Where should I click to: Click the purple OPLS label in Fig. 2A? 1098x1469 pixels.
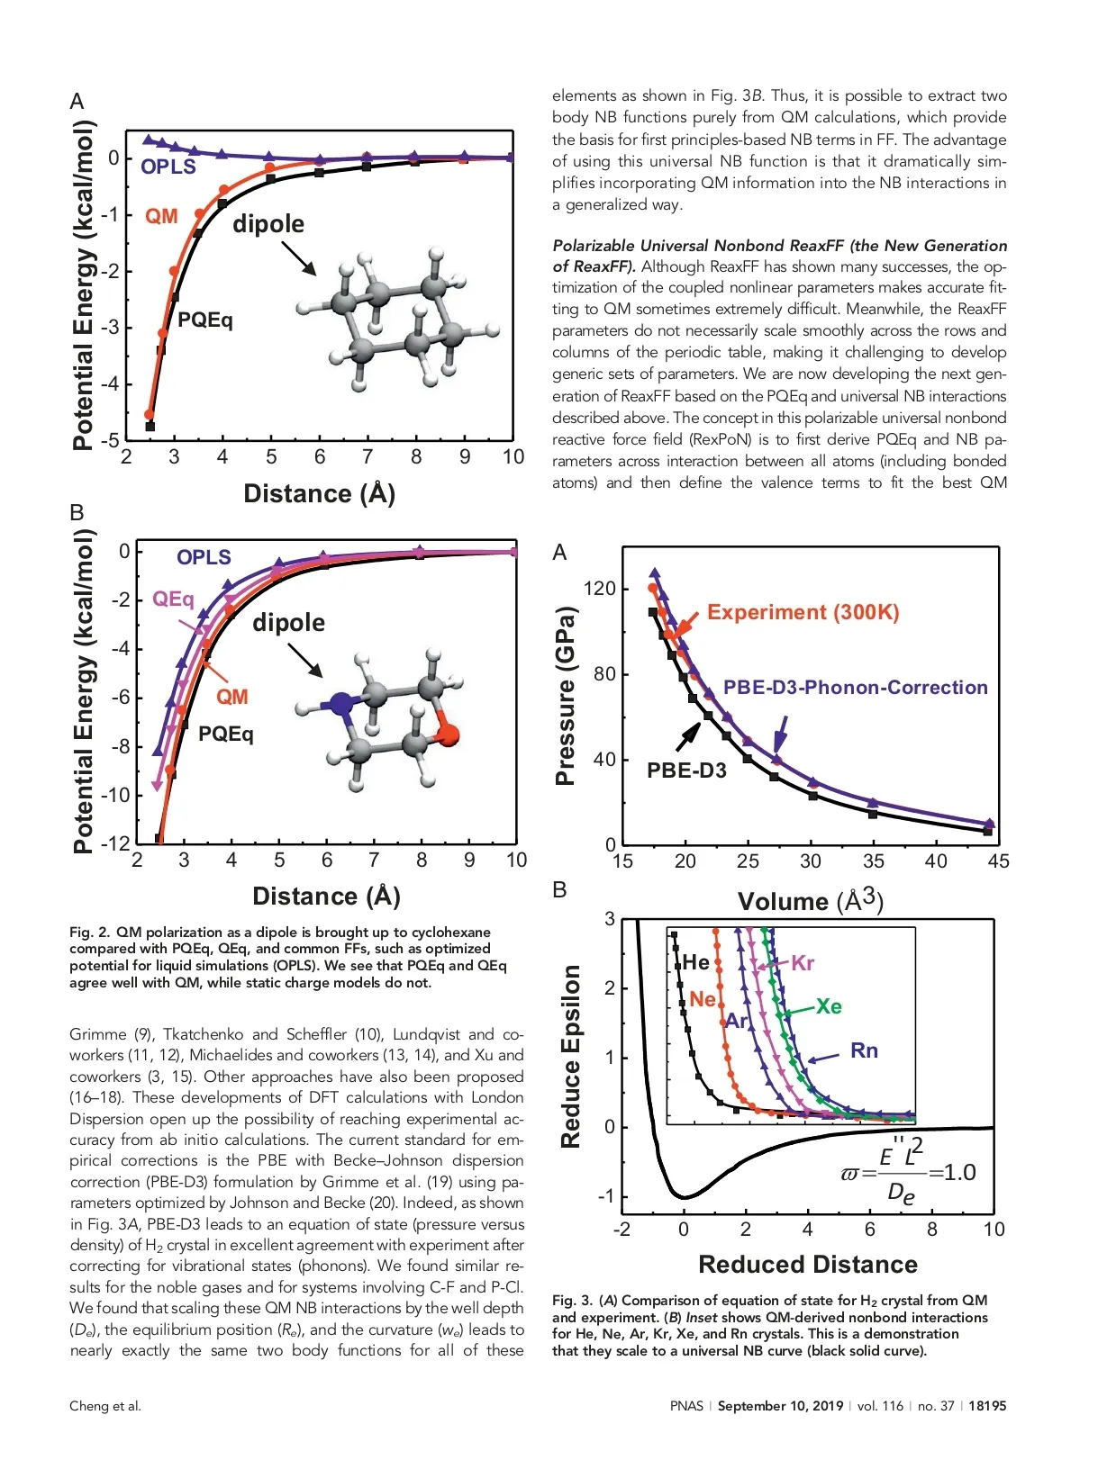click(x=168, y=167)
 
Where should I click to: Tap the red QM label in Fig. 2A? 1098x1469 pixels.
click(x=161, y=216)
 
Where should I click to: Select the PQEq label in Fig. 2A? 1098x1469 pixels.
click(x=204, y=320)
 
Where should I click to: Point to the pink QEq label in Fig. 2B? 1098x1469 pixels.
click(x=173, y=599)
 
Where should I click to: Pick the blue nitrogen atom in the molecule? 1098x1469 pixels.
click(x=340, y=704)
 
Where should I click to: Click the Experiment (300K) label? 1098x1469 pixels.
click(x=803, y=612)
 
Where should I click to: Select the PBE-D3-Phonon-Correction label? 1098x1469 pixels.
click(x=855, y=687)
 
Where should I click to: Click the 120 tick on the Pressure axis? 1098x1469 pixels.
click(x=599, y=589)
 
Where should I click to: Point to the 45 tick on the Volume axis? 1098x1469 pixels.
click(x=998, y=861)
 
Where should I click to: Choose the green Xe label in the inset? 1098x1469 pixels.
click(x=829, y=1006)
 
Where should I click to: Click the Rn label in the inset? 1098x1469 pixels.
click(x=864, y=1050)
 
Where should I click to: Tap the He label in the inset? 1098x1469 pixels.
click(x=695, y=962)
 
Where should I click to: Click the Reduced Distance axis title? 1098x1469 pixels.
click(x=808, y=1265)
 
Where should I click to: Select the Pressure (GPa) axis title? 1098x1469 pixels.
click(x=565, y=695)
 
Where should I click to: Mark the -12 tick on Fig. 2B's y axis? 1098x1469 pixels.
click(x=115, y=843)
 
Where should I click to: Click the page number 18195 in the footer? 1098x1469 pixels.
click(x=987, y=1406)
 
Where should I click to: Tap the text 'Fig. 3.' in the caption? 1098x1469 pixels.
click(x=572, y=1301)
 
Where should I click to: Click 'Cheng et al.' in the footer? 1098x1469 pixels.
click(x=105, y=1406)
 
